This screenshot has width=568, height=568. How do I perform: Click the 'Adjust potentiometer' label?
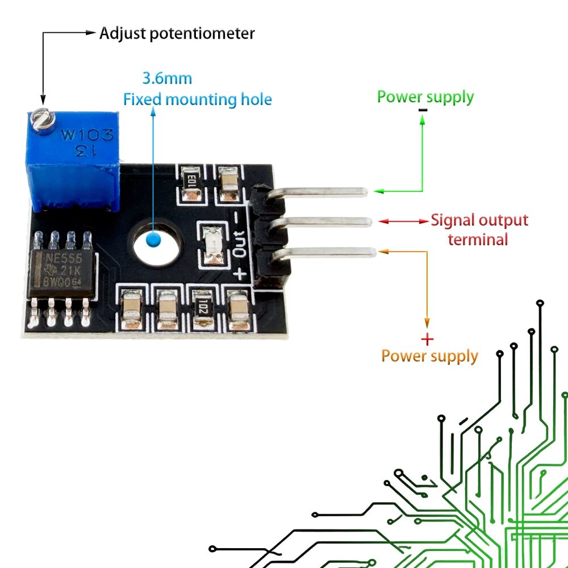pos(177,34)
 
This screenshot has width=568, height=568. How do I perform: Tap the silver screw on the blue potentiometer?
pos(43,119)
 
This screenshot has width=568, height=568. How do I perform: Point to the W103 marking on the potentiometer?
pos(87,135)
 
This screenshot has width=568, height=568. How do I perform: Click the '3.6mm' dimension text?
pos(167,78)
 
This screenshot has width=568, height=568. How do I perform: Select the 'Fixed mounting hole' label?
pos(198,99)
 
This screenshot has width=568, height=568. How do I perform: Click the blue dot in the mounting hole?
pos(153,240)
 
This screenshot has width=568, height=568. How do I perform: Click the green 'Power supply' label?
pos(425,98)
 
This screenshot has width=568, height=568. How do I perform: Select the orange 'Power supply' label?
pos(429,357)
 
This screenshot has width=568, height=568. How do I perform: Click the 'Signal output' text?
pos(479,220)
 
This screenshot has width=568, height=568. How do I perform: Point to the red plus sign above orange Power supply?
pos(428,340)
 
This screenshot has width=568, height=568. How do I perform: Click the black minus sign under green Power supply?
pos(423,110)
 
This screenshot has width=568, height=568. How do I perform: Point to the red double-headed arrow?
pos(403,221)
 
